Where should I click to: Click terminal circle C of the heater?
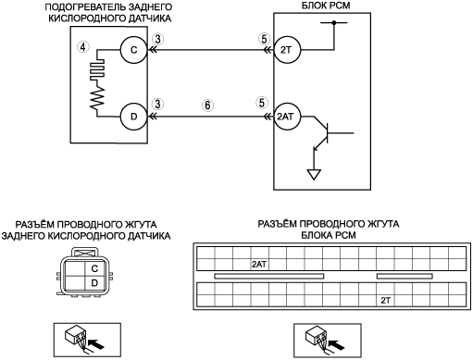pos(133,50)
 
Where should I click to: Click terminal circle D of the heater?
pos(133,117)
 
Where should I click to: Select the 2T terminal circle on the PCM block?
pos(287,50)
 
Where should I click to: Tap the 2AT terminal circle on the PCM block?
pos(287,117)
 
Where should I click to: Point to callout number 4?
pos(82,47)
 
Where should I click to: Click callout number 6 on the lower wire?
pos(207,106)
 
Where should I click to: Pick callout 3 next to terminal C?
pos(157,40)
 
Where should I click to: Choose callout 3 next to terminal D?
pos(157,104)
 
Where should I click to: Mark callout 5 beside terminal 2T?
pos(264,39)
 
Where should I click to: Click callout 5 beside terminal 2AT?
pos(262,103)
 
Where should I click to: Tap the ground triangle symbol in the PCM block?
pos(314,175)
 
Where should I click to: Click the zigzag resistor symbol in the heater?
pos(97,97)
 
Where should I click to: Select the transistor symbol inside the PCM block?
pos(324,133)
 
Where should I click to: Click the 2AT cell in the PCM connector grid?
pos(259,265)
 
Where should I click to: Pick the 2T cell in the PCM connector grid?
pos(385,300)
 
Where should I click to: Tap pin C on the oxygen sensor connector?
pos(94,268)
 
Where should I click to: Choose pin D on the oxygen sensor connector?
pos(94,282)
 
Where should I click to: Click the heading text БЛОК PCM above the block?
pos(326,6)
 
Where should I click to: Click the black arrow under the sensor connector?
pos(96,343)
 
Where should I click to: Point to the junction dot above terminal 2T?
pos(334,22)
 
